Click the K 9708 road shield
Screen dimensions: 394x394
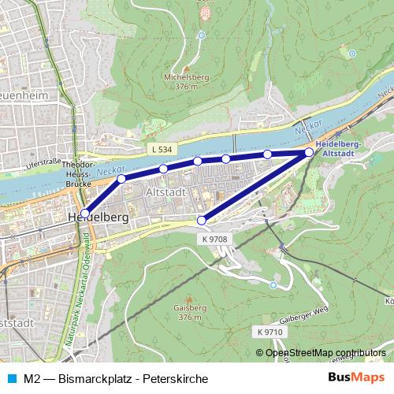[214, 239]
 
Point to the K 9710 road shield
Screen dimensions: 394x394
[269, 332]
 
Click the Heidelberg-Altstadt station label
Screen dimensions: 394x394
[336, 149]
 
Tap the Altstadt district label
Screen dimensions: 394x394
[165, 191]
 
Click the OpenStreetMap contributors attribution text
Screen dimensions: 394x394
[325, 353]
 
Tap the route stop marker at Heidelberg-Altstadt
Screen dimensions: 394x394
[308, 152]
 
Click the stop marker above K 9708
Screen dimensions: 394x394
[201, 220]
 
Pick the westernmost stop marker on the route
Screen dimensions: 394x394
[85, 213]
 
